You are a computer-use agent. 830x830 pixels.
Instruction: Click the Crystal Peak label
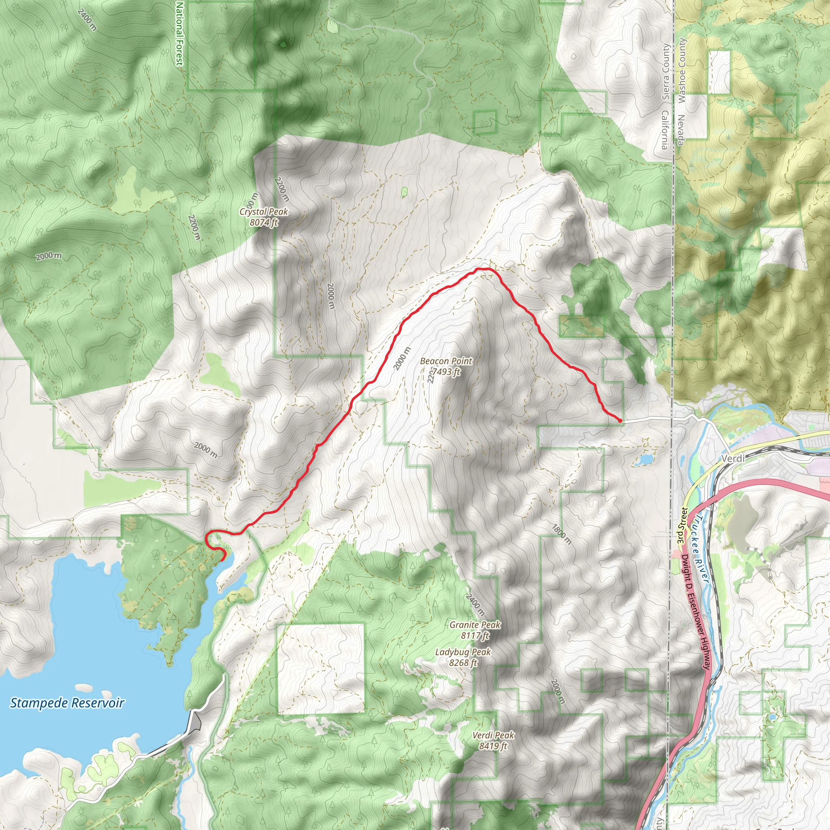coord(264,216)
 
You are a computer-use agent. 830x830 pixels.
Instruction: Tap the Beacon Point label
coord(446,366)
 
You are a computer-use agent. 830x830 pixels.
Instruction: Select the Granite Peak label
coord(475,630)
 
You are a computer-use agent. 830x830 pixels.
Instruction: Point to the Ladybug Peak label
coord(463,657)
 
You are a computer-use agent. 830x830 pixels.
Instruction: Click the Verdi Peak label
coord(493,740)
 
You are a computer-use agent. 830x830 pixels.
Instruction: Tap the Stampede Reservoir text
coord(67,703)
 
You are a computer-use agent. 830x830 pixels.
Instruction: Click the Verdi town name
coord(732,459)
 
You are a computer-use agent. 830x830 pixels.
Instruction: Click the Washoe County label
coord(682,71)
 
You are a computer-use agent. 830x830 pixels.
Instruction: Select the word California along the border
coord(665,130)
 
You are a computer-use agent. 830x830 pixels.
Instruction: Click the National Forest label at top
coord(180,34)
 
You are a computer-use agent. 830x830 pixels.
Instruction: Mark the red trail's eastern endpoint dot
coord(620,421)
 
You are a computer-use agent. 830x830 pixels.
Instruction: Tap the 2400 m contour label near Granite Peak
coord(475,604)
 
